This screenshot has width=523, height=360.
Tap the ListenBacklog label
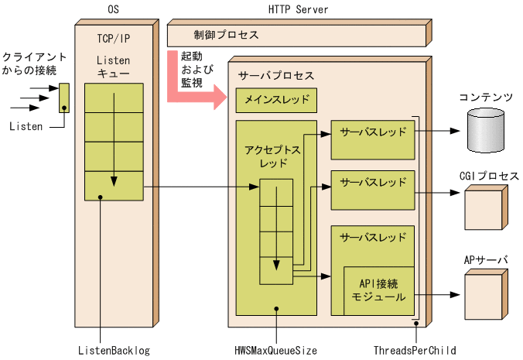(115, 350)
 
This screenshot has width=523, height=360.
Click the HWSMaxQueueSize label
(275, 350)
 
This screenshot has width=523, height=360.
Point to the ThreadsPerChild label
(414, 350)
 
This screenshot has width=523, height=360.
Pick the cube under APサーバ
(484, 292)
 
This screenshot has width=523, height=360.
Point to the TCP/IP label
(115, 38)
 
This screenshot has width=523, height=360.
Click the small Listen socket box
(64, 97)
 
